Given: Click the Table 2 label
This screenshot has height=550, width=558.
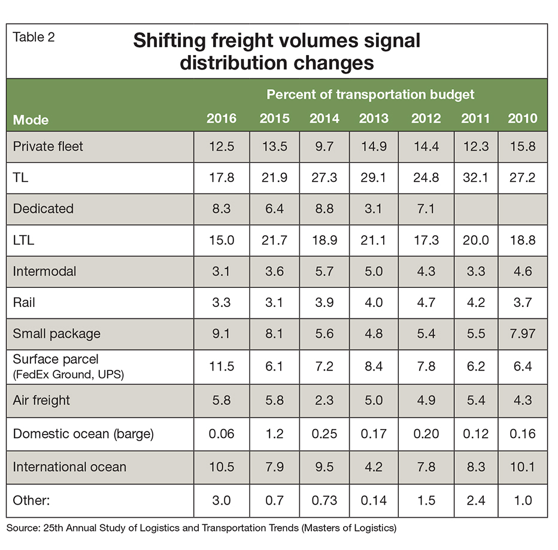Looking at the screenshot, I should (x=34, y=37).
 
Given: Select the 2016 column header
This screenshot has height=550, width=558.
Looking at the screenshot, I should (x=222, y=118).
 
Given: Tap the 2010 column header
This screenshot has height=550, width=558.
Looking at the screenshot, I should (x=523, y=118).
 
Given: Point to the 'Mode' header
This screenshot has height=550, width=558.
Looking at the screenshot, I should (x=31, y=120).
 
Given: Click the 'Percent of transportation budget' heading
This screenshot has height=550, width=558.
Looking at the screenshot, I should (x=370, y=95).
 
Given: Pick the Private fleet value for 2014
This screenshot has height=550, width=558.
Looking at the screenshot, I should (x=324, y=146).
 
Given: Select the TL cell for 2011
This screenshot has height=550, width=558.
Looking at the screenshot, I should (x=475, y=177).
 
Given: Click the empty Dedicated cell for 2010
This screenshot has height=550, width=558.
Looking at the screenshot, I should (x=523, y=208).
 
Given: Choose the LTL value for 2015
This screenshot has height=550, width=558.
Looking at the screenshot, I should (x=274, y=240).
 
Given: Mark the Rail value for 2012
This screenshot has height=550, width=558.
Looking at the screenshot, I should (x=426, y=302).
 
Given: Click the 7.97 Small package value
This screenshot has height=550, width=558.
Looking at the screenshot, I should (x=523, y=333).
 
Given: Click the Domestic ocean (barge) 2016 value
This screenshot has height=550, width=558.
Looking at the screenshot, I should (x=222, y=433).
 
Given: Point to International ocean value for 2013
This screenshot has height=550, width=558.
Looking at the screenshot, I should (x=374, y=466).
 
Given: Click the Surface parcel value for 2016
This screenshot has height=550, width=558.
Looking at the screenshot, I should (x=222, y=367).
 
